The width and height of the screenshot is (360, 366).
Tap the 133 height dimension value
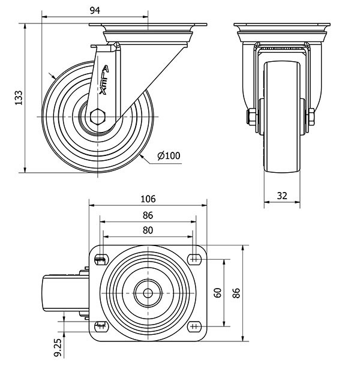[x=19, y=98]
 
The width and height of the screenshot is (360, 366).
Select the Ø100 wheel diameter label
[x=169, y=156]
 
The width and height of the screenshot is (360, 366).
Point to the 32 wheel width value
[x=282, y=195]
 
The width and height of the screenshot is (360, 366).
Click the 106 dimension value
[x=148, y=199]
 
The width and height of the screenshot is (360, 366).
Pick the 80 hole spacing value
[x=148, y=230]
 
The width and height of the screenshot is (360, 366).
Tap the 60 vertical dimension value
[x=218, y=292]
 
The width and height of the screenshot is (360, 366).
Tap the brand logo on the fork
[x=105, y=80]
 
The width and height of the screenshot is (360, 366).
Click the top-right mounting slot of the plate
[x=194, y=259]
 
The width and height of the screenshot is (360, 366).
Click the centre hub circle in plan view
[x=148, y=293]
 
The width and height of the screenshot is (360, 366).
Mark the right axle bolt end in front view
[x=312, y=117]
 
